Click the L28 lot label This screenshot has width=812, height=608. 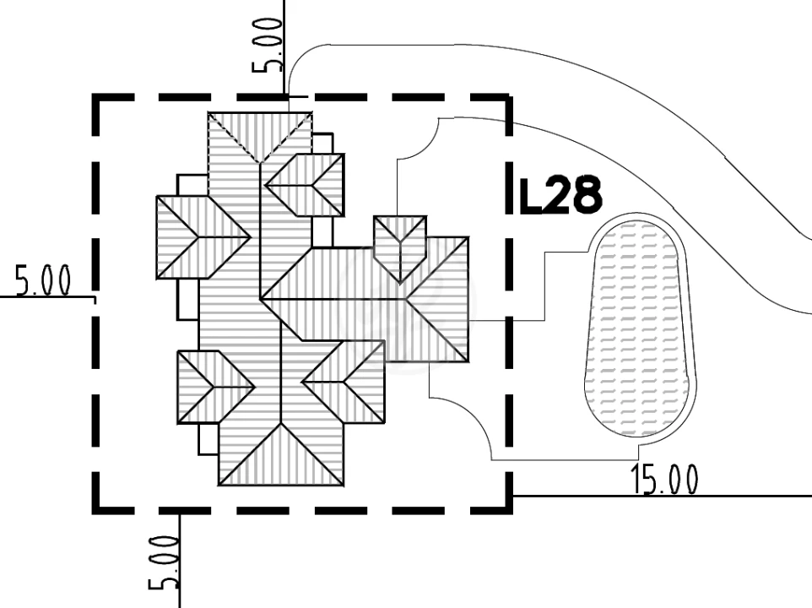pyautogui.click(x=560, y=195)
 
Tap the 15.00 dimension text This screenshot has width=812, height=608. pyautogui.click(x=664, y=479)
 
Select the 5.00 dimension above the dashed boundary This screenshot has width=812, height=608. pyautogui.click(x=268, y=45)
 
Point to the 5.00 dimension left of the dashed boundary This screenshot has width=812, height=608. pyautogui.click(x=42, y=280)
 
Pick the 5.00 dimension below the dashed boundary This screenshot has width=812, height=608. pyautogui.click(x=164, y=563)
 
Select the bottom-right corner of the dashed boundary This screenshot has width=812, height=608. pyautogui.click(x=509, y=510)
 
